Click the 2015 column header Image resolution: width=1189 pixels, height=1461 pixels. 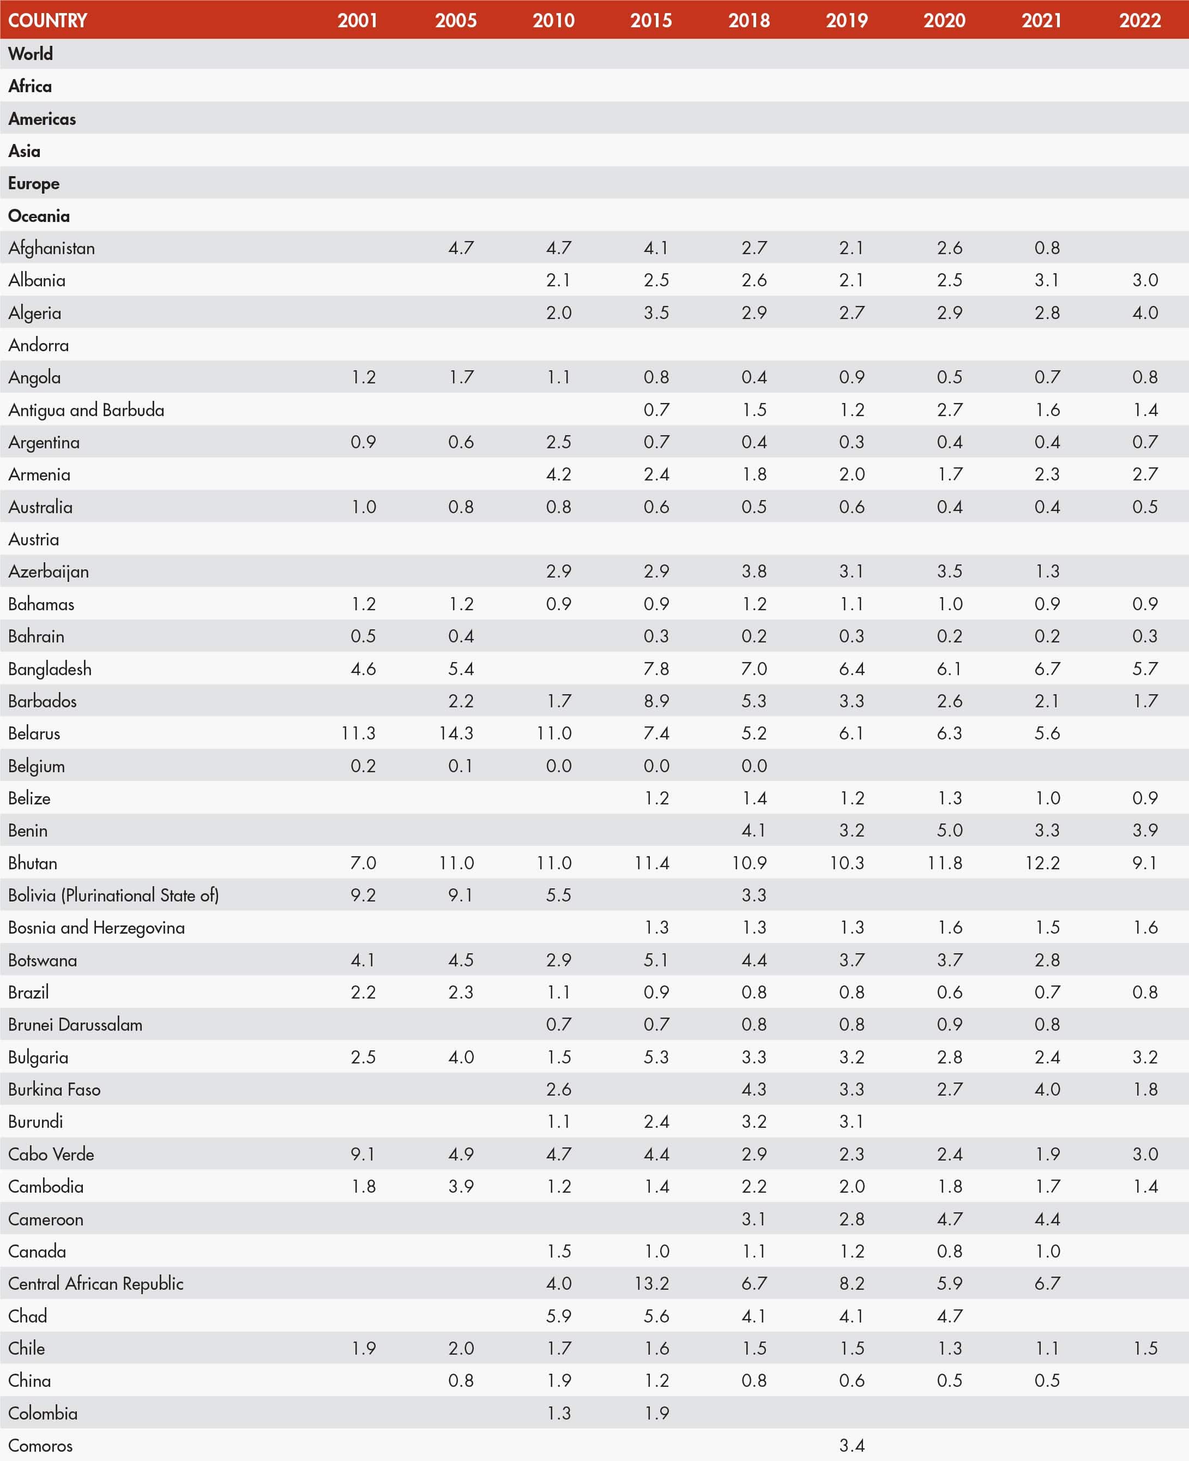pos(651,20)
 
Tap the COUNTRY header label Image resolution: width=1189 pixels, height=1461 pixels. pos(47,20)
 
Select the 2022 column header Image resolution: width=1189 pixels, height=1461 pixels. pos(1140,20)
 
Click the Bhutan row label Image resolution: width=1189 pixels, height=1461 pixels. pos(33,863)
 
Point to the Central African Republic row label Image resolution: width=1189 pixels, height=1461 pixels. pos(96,1284)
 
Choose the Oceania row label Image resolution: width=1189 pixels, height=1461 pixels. pos(39,216)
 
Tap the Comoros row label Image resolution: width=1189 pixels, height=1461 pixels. pos(40,1445)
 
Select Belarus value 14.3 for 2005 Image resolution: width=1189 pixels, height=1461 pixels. pos(456,733)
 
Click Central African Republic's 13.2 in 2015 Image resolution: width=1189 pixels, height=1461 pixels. pos(651,1284)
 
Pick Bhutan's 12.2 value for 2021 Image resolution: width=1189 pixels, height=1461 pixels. pos(1042,863)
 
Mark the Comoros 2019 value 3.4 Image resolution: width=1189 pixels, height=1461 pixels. pos(852,1445)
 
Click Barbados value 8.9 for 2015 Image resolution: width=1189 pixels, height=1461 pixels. pos(656,701)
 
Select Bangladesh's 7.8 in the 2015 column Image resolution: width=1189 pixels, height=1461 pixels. pos(656,669)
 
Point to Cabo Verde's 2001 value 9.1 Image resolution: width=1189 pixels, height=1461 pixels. pos(363,1154)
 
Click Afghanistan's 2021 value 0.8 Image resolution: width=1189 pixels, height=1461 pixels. pos(1047,248)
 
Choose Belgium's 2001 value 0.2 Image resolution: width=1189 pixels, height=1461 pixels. pos(363,766)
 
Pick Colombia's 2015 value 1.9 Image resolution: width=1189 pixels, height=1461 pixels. pos(656,1413)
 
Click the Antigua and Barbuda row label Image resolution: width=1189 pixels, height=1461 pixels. pos(86,410)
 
